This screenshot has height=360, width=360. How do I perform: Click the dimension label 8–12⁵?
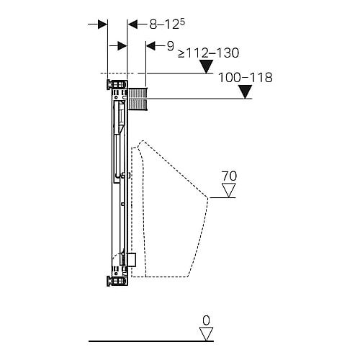(167, 24)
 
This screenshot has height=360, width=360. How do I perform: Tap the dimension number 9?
(170, 46)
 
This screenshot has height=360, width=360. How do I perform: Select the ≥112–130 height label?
(208, 53)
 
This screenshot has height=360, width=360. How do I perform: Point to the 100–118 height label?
(246, 77)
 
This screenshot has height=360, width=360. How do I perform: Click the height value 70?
(229, 176)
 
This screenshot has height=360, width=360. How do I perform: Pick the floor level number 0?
(206, 320)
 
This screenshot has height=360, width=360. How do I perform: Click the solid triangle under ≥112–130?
(207, 66)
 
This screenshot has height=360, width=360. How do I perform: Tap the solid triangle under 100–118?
(246, 91)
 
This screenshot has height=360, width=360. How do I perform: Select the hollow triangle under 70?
(229, 190)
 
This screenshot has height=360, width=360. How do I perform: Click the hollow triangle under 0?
(207, 334)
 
